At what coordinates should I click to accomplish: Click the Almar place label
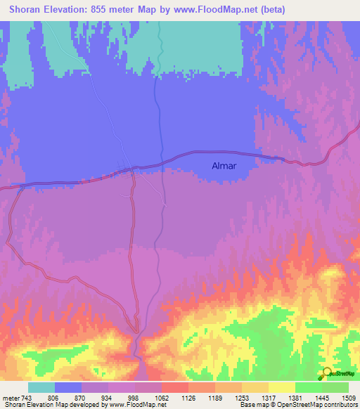224,167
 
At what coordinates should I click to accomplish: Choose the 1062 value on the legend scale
161,397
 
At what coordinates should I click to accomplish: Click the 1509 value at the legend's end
348,397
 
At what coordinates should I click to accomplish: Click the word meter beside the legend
10,397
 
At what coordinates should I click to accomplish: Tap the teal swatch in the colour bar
41,387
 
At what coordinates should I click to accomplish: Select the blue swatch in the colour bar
67,387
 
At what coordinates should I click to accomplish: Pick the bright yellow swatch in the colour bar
281,387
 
